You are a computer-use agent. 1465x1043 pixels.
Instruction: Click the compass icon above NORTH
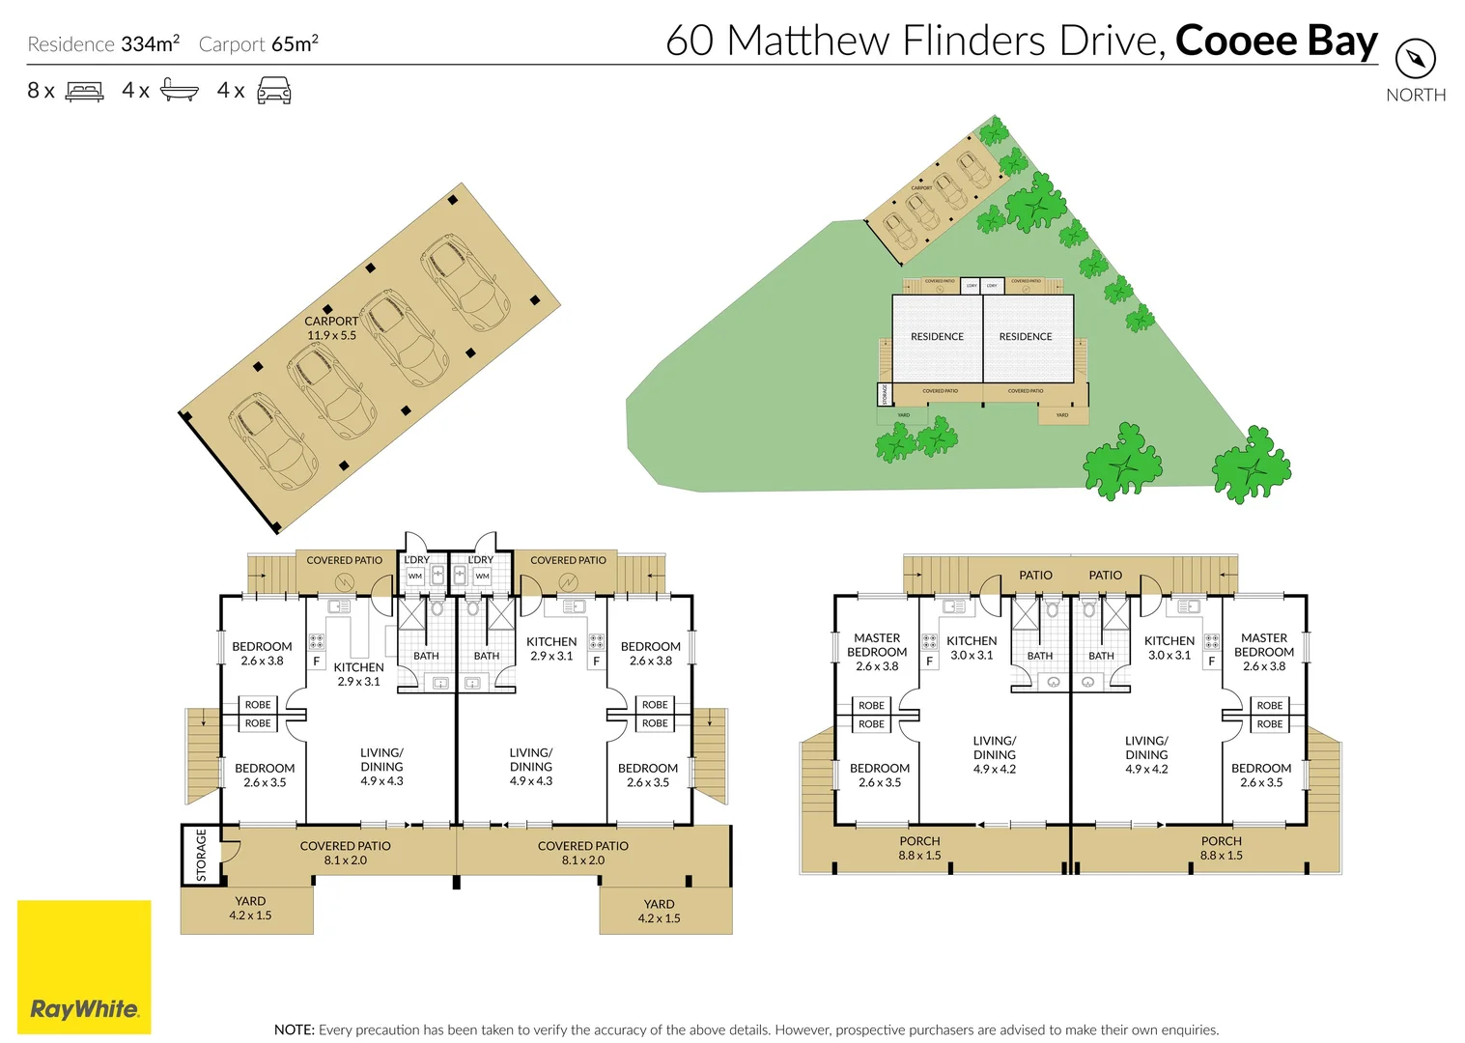coord(1415,59)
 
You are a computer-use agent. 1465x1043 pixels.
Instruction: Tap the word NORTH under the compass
coord(1416,95)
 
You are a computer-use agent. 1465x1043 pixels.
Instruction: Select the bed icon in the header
coord(84,92)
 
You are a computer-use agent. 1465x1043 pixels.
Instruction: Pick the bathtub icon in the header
coord(179,91)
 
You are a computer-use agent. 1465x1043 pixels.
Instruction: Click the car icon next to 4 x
coord(273,91)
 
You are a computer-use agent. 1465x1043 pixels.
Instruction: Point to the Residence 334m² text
coord(103,44)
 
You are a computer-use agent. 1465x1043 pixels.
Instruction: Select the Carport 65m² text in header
coord(258,44)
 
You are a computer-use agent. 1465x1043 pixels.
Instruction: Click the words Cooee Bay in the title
coord(1276,41)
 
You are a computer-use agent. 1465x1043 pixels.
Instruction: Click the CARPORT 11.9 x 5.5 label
coord(331,328)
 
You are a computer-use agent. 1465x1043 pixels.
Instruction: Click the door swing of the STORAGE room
coord(230,851)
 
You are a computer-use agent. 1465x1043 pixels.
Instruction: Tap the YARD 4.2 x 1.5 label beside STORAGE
coord(250,908)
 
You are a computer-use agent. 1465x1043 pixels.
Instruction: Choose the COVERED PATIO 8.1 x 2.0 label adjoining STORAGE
coord(345,853)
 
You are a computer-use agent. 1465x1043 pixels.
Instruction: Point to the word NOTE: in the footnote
coord(294,1029)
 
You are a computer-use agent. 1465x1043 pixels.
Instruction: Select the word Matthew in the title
coord(808,41)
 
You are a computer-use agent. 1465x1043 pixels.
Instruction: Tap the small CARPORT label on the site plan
coord(921,187)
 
